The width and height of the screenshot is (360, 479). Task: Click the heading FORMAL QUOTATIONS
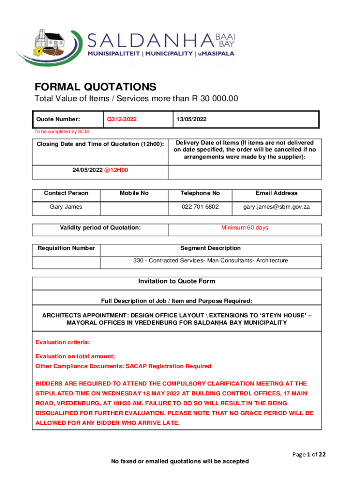point(95,87)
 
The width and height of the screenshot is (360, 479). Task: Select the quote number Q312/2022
point(122,119)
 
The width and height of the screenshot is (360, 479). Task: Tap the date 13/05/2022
point(191,119)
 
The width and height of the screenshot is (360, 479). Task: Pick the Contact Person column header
point(66,193)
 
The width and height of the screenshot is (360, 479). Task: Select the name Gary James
point(66,206)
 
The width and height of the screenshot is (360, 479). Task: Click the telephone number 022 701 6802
point(200,206)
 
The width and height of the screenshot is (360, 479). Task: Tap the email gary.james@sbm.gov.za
point(276,206)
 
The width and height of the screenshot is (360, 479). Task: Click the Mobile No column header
point(134,193)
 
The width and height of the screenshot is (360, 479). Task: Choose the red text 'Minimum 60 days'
point(245,228)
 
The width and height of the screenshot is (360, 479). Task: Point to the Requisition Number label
point(66,248)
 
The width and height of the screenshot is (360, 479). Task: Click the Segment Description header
point(210,248)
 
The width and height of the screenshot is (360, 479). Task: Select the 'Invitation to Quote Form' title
point(177,281)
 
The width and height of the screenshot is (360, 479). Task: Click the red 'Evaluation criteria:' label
point(63,342)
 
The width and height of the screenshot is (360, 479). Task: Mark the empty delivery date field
point(245,172)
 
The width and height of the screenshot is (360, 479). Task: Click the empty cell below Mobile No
point(134,208)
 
